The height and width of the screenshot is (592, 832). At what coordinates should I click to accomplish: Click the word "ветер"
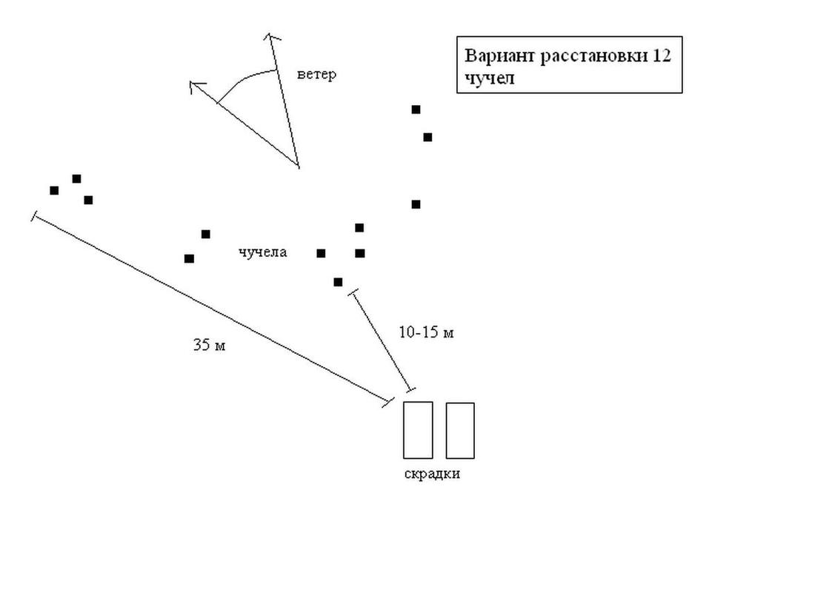coord(316,75)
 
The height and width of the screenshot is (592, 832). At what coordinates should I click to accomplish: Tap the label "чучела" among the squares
coord(262,252)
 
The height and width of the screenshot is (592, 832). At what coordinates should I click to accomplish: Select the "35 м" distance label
coord(209,345)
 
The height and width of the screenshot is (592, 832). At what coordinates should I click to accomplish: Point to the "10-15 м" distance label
coord(426,333)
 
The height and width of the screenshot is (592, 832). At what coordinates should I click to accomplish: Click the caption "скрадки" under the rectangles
coord(432,474)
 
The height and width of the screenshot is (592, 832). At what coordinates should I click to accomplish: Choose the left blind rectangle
coord(418,430)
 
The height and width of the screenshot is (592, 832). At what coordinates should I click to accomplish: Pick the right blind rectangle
coord(460,431)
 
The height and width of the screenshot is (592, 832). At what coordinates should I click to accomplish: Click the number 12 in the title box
coord(662,56)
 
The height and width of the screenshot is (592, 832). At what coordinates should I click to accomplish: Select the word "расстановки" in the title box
coord(594,56)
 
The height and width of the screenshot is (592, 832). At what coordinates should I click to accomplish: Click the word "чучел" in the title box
coord(489,78)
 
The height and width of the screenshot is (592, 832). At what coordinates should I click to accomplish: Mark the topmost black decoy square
coord(416,110)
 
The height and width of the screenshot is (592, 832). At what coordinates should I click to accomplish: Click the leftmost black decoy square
coord(54,190)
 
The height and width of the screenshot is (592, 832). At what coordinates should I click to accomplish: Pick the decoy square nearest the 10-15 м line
coord(338,282)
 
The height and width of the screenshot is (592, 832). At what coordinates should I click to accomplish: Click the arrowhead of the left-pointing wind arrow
coord(195,86)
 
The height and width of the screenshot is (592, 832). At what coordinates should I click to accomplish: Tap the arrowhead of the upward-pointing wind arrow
coord(270,37)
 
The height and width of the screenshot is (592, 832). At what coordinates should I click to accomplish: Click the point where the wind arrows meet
coord(298,166)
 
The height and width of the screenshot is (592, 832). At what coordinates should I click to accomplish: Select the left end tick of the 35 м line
coord(34,216)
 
